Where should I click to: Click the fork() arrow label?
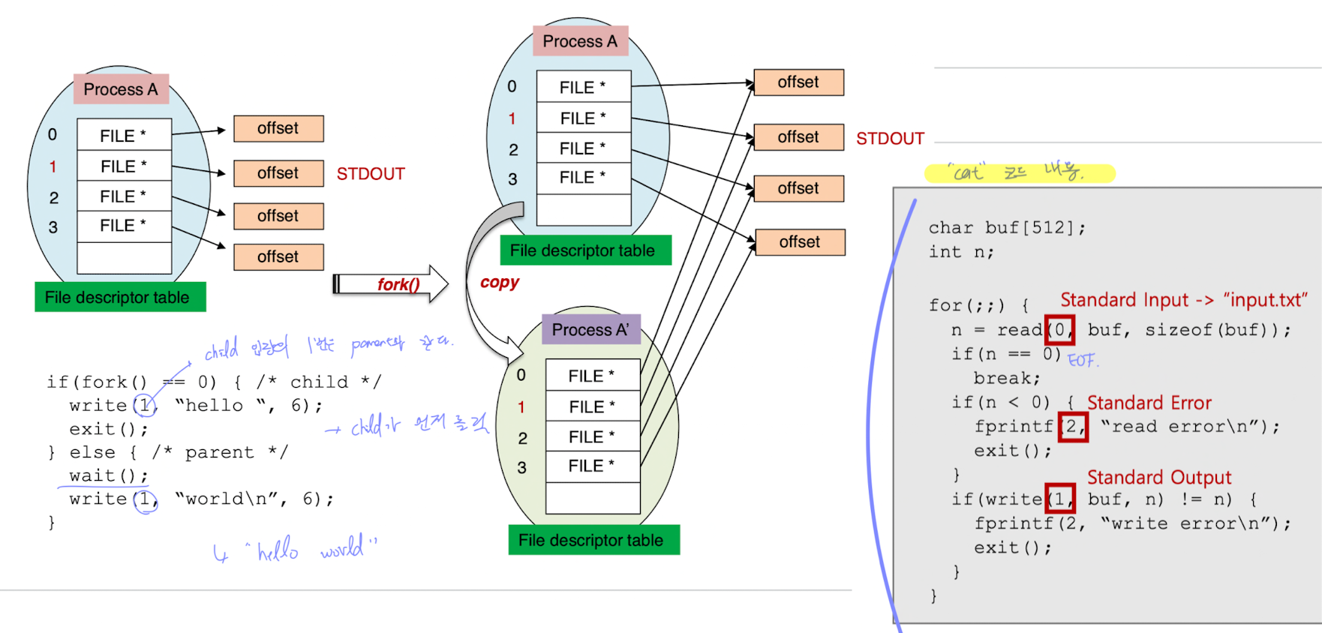398,284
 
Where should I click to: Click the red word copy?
500,282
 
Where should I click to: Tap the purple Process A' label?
590,329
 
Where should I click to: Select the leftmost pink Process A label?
121,89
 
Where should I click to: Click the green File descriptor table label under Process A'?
593,540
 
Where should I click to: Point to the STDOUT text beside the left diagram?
371,174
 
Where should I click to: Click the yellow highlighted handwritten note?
1019,173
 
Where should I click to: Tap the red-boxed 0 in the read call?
1059,330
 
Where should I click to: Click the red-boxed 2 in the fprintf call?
1072,427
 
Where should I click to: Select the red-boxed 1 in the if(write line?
1059,499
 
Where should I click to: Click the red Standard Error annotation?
1149,403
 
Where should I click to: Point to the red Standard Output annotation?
1158,477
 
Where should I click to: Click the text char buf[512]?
1006,227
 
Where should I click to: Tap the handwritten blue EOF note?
1082,360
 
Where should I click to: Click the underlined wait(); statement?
108,475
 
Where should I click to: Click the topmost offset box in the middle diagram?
798,82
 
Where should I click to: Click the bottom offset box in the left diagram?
278,256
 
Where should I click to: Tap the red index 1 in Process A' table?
521,406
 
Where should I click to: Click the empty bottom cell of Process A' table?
593,498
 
